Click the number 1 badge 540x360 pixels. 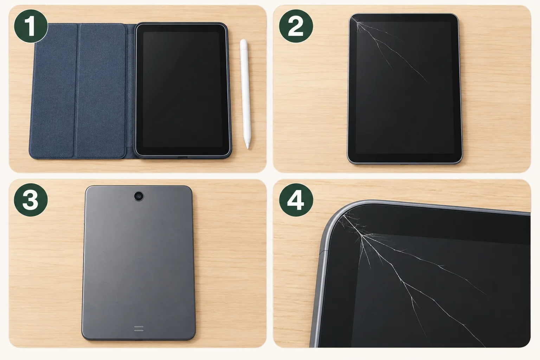point(31,26)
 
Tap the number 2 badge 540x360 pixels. point(296,26)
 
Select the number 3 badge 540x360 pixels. point(31,200)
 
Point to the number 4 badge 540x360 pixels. point(296,200)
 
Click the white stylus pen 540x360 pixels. point(246,94)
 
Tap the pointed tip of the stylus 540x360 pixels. point(247,148)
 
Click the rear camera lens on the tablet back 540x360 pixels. point(139,196)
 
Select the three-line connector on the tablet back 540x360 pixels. point(139,328)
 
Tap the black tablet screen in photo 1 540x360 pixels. point(182,90)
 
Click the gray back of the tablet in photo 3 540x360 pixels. point(139,263)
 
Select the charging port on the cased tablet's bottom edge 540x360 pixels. point(182,157)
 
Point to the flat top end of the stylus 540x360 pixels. point(243,40)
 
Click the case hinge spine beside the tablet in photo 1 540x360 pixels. point(130,91)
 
